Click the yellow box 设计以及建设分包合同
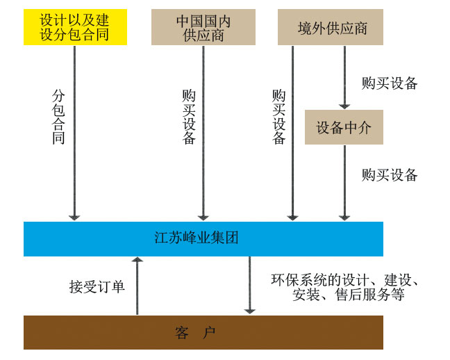click(75, 28)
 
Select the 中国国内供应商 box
click(203, 28)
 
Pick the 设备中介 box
click(344, 128)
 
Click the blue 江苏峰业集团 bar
click(203, 238)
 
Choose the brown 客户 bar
click(203, 332)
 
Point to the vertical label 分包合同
click(58, 116)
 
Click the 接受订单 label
click(97, 286)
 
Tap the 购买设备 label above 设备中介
click(390, 83)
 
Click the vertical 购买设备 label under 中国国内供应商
click(189, 116)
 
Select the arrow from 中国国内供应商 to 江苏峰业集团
click(203, 132)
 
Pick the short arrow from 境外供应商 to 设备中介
click(344, 76)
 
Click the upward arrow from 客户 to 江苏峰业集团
click(137, 285)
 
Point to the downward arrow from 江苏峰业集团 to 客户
click(249, 285)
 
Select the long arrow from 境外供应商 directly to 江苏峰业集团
click(293, 132)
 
